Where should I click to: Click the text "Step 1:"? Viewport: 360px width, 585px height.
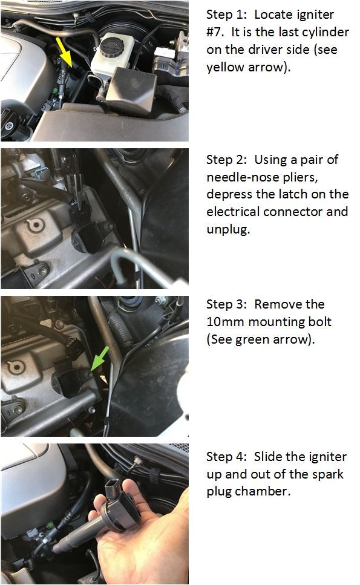(226, 15)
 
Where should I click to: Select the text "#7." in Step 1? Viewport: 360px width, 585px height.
(215, 32)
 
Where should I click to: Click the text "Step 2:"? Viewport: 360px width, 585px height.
(226, 160)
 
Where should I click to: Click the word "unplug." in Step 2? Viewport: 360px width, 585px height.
(228, 229)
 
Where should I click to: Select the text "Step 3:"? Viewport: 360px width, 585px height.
(226, 304)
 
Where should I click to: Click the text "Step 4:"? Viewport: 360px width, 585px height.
(226, 457)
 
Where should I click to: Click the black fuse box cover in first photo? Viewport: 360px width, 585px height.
(131, 90)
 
